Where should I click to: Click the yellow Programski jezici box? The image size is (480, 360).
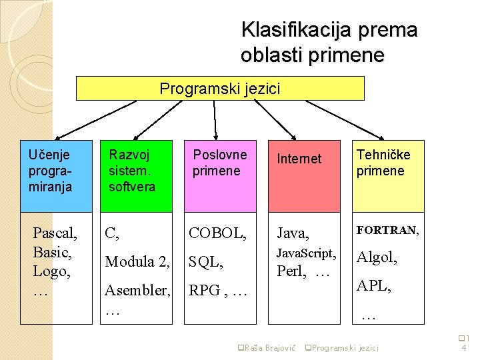(x=221, y=88)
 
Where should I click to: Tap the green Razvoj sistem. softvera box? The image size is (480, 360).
(x=136, y=176)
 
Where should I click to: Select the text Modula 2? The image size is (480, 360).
(x=136, y=262)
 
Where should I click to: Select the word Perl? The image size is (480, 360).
(x=291, y=272)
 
